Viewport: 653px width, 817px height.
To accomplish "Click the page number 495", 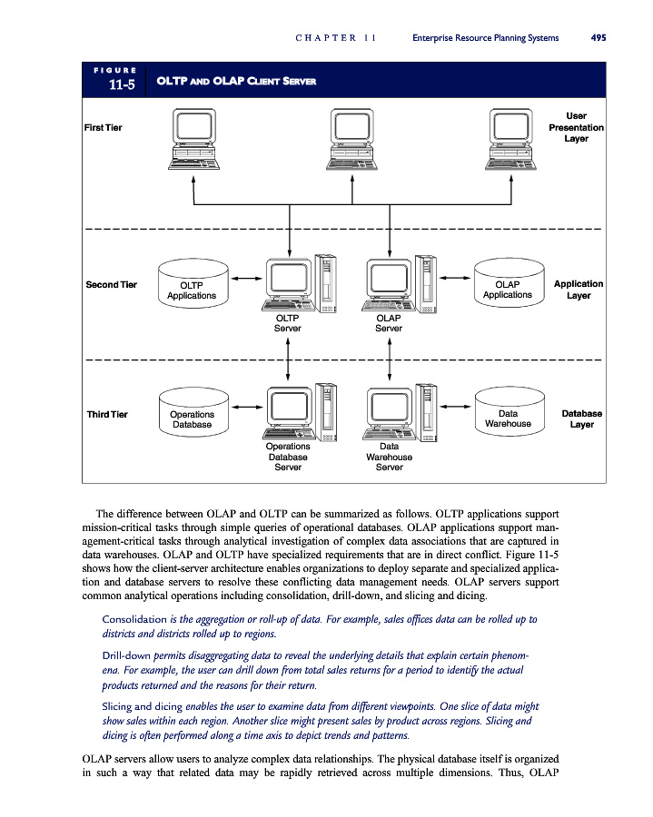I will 599,38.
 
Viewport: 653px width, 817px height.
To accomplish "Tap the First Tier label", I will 103,127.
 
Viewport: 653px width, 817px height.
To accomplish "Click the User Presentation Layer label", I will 576,127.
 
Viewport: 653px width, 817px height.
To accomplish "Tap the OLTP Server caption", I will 288,323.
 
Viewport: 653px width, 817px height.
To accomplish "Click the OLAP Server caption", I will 389,323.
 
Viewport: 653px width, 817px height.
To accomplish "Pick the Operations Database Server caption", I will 288,457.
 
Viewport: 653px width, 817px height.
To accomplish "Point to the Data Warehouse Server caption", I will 389,457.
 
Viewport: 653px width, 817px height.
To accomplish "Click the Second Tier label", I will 111,285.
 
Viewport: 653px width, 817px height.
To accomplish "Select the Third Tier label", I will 107,415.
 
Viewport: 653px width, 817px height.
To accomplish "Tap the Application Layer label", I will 579,290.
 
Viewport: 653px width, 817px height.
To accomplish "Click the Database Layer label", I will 581,418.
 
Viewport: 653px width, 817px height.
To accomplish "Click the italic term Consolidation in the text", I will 138,619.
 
